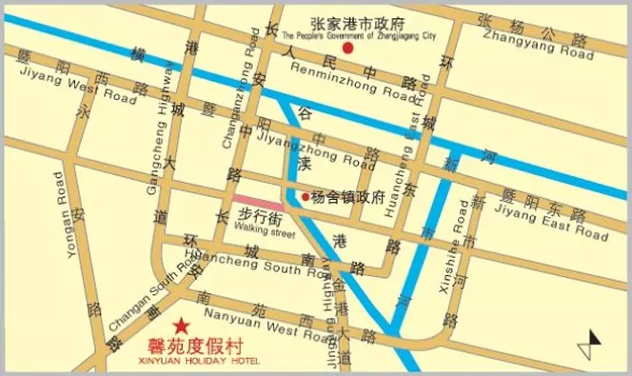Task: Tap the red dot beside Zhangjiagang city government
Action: [x=348, y=48]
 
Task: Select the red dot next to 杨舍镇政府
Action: [x=305, y=197]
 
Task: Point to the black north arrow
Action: [x=596, y=340]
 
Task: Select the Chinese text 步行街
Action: [x=255, y=217]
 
